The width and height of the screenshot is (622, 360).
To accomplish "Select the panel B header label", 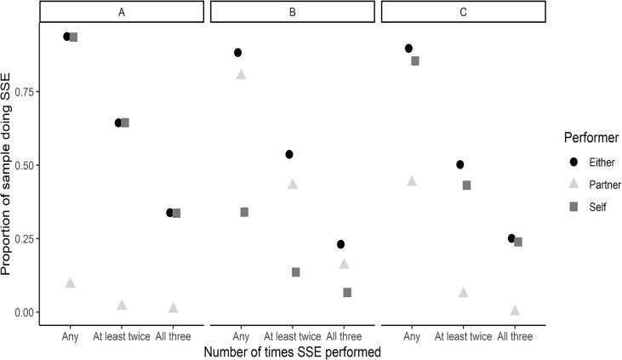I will click(x=293, y=12).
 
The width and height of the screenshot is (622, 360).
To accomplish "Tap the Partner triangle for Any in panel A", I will click(x=71, y=283).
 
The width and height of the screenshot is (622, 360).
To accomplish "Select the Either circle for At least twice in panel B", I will click(x=289, y=154).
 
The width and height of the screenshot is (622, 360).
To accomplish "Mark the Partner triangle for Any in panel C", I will click(x=412, y=181).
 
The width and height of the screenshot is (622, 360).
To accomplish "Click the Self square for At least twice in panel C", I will click(x=466, y=185).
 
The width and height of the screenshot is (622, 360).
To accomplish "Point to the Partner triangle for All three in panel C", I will click(x=515, y=311).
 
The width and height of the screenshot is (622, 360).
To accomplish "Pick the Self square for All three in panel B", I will click(x=347, y=292).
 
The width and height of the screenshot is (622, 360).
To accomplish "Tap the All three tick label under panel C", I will click(x=516, y=336).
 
